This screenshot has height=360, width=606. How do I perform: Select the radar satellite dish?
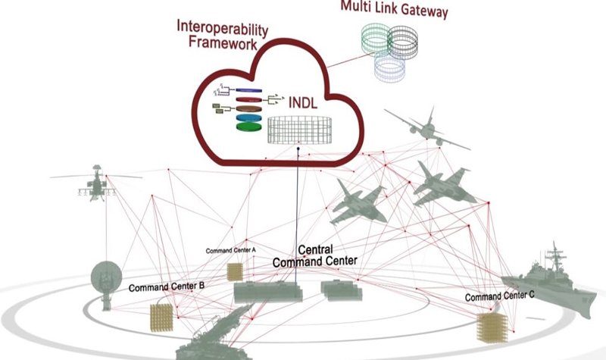(x=106, y=280)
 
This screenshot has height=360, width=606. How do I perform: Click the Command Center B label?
(x=167, y=287)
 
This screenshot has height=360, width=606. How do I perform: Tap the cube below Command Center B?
(x=163, y=315)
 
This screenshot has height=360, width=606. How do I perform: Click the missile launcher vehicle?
(x=220, y=333)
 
